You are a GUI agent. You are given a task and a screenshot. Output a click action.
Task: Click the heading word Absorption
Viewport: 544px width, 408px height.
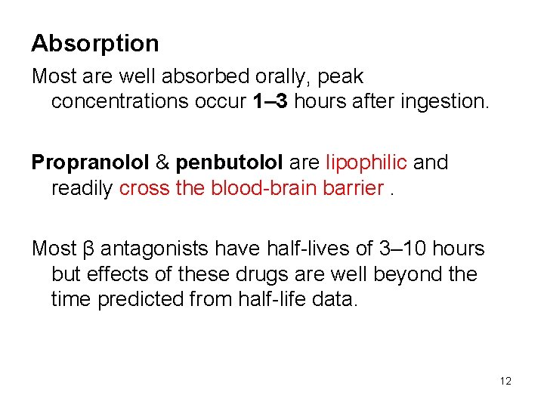95,44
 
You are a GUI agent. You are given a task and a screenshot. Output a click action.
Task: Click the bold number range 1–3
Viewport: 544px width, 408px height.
268,102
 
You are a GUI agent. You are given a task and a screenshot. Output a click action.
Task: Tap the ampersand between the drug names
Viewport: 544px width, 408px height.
162,162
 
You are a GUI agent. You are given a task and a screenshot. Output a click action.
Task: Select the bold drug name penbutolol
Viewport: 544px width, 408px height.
229,162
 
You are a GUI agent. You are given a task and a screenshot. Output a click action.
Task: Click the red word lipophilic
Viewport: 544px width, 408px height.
366,162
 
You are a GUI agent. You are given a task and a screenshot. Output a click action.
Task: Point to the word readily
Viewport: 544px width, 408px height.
82,188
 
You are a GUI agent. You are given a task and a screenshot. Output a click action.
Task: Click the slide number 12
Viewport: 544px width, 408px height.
505,381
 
